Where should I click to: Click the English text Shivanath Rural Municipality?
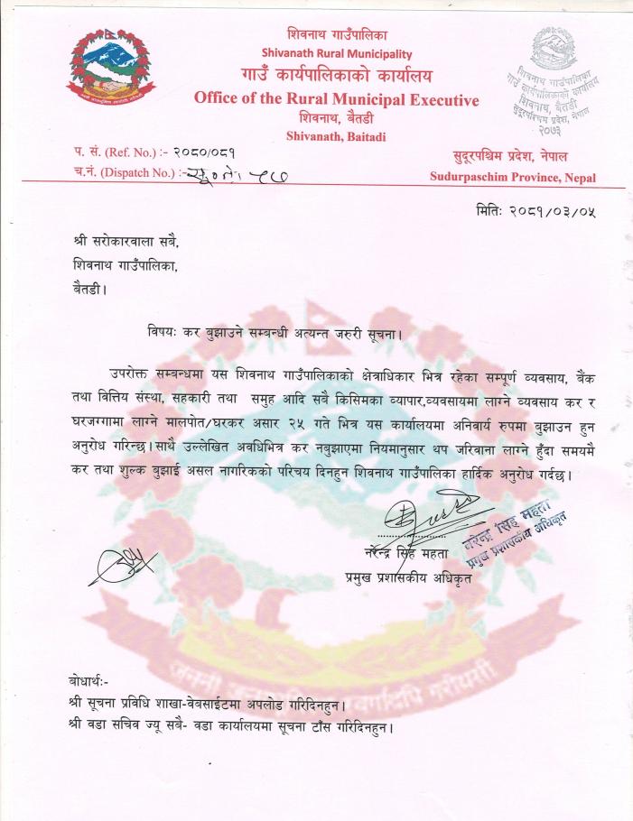point(336,53)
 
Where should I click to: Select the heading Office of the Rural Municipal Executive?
point(336,99)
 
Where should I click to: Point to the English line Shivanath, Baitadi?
point(336,136)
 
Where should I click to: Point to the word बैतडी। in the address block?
point(90,290)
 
